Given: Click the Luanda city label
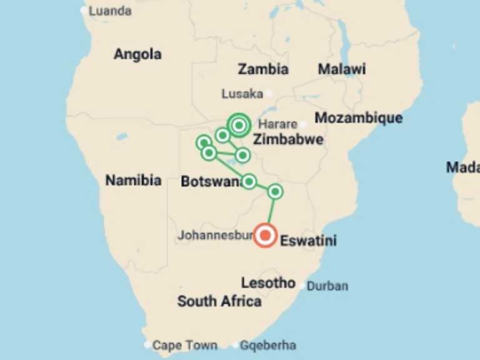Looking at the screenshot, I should click(x=110, y=11).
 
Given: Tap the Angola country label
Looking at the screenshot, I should click(x=137, y=54).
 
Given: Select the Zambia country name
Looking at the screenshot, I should click(x=263, y=69).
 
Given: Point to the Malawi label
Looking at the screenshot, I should click(x=342, y=69).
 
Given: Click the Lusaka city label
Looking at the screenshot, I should click(x=242, y=94).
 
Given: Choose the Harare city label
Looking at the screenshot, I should click(x=277, y=124).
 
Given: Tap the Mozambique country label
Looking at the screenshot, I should click(x=358, y=118).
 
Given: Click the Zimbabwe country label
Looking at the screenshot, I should click(x=288, y=139).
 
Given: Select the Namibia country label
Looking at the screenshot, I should click(x=133, y=181).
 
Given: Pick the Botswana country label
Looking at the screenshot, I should click(x=211, y=182).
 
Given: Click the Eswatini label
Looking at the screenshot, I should click(x=309, y=241).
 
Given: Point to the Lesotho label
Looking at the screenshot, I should click(x=268, y=283).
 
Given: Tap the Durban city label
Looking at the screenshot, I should click(x=327, y=286).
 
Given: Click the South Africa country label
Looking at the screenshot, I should click(x=219, y=301).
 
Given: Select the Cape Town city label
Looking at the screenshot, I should click(x=185, y=345).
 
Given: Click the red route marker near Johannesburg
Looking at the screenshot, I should click(x=266, y=235).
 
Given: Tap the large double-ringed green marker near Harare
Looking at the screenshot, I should click(x=239, y=125).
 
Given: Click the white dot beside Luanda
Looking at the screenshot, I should click(x=84, y=11).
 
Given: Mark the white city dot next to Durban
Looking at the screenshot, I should click(x=302, y=286).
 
